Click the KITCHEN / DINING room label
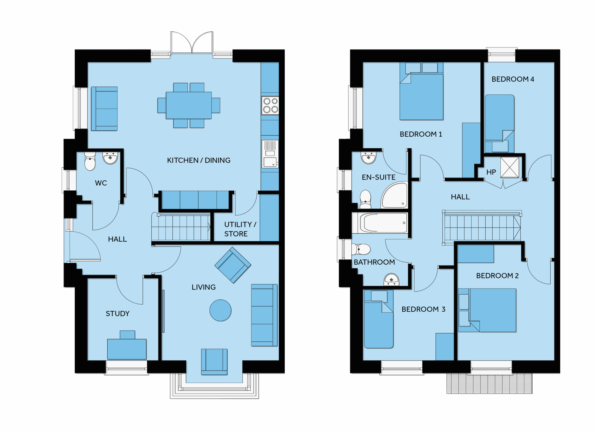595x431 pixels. click(198, 160)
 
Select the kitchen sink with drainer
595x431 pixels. click(270, 154)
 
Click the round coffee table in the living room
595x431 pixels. click(220, 310)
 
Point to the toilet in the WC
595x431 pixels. click(90, 161)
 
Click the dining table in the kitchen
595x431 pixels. click(189, 106)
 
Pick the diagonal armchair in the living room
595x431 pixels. click(233, 265)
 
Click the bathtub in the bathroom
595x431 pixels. click(383, 223)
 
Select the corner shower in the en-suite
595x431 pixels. click(394, 195)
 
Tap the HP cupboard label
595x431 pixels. click(491, 172)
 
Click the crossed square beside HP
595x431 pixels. click(509, 167)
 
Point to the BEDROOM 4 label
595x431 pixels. click(513, 79)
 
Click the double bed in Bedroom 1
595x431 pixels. click(421, 91)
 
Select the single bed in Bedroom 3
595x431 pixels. click(379, 319)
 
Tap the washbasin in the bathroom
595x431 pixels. click(391, 279)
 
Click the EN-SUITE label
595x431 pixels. click(379, 177)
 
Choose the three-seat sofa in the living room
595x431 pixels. click(264, 315)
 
